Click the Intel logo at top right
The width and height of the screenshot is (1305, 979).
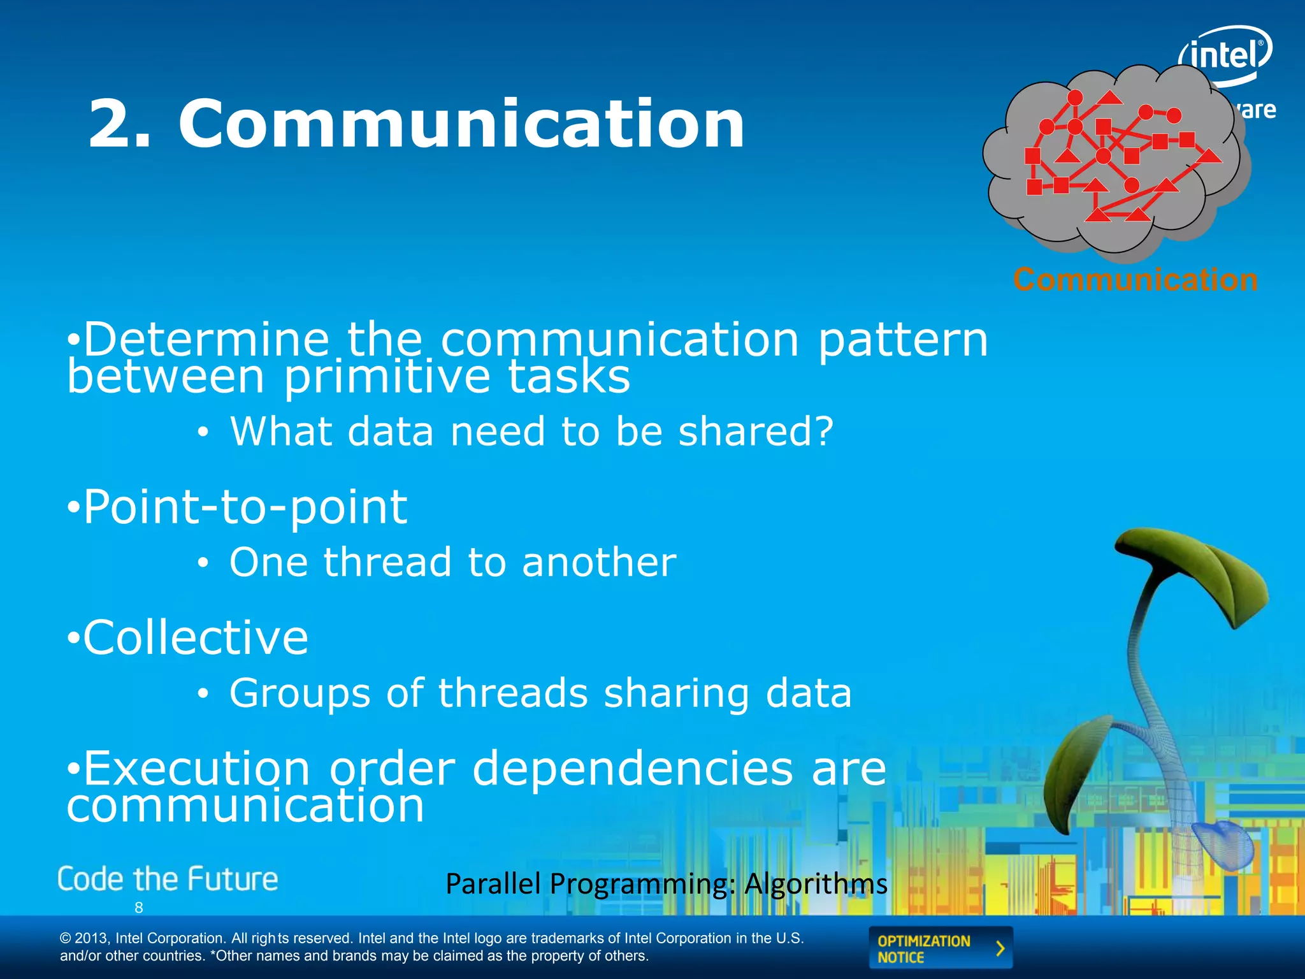point(1225,56)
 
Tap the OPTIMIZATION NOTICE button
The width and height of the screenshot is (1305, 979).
point(940,948)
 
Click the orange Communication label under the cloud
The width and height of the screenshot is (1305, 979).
point(1136,280)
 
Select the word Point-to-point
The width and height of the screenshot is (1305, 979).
point(245,507)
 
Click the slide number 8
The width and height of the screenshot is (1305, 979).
point(139,908)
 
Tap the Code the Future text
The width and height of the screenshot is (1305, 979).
point(168,880)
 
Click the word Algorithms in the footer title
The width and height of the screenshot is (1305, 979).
point(816,884)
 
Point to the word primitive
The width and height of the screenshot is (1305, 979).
point(387,377)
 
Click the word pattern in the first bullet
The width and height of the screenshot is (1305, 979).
point(903,340)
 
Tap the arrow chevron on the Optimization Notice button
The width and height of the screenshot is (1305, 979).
point(1000,948)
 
